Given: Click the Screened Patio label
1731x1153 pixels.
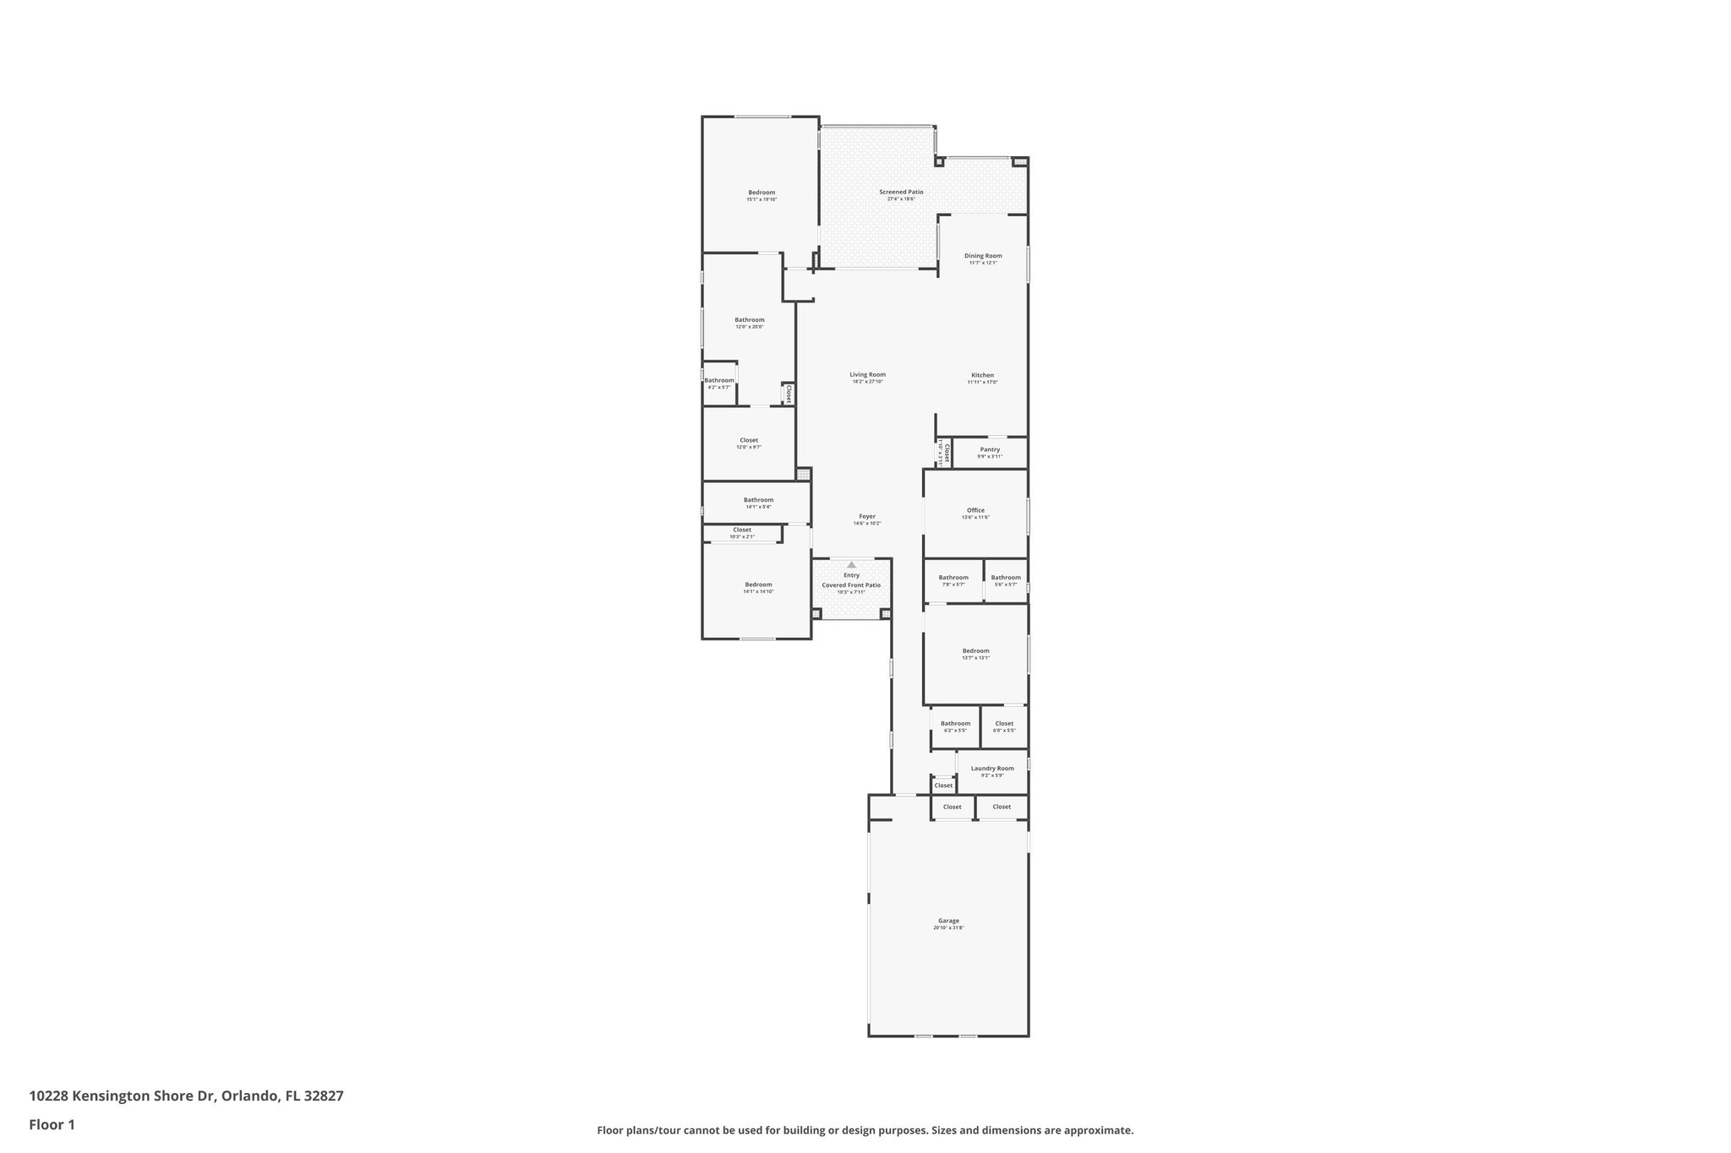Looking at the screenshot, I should click(x=901, y=192).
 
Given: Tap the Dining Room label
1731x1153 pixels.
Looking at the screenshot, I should click(x=983, y=256).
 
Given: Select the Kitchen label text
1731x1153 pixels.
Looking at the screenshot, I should click(x=982, y=375).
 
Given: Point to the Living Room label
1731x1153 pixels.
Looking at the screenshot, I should click(x=867, y=375).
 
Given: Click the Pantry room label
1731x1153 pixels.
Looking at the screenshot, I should click(x=990, y=449).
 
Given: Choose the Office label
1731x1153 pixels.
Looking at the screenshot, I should click(x=975, y=510).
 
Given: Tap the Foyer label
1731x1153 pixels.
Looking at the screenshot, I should click(x=867, y=516).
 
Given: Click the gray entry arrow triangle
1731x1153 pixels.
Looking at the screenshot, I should click(x=851, y=564).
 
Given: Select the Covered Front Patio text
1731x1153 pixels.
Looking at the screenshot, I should click(x=851, y=585).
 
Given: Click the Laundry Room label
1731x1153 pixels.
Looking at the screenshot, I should click(x=992, y=769).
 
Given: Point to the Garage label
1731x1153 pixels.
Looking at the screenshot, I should click(x=948, y=921).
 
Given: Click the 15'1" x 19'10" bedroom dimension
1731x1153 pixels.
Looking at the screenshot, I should click(x=761, y=199).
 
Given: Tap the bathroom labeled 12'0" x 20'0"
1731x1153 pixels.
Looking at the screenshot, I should click(x=749, y=320).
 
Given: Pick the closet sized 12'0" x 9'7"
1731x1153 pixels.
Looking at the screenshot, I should click(x=749, y=440).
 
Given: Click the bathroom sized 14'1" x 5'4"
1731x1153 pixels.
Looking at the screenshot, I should click(x=758, y=500).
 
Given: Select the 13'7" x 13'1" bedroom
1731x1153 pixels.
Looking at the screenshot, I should click(x=975, y=651).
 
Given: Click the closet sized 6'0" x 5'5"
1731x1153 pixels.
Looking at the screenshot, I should click(x=1004, y=724).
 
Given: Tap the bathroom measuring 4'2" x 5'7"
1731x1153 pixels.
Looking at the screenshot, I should click(x=719, y=381).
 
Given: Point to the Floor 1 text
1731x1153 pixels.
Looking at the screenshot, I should click(x=52, y=1124).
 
